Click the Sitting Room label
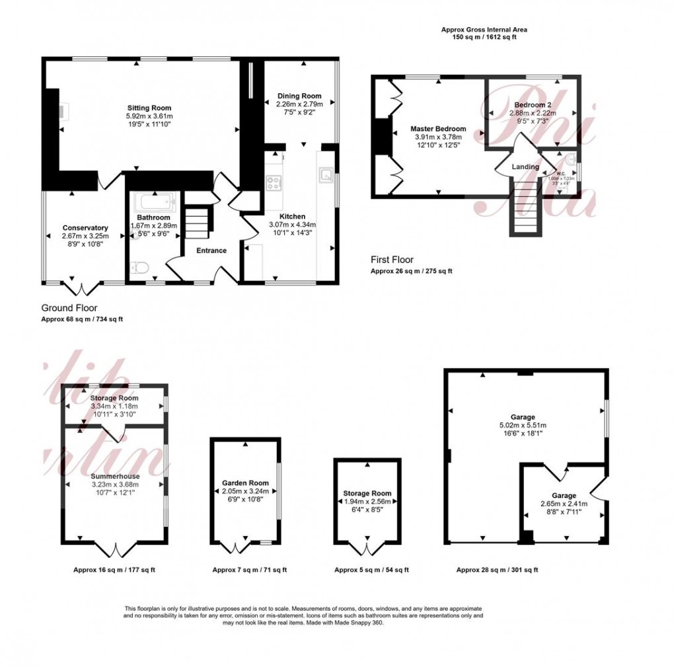pyautogui.click(x=149, y=108)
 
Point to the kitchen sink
pyautogui.click(x=326, y=176)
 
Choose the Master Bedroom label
pyautogui.click(x=437, y=129)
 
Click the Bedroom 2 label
pyautogui.click(x=532, y=105)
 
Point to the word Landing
pyautogui.click(x=525, y=167)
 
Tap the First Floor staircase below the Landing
pyautogui.click(x=526, y=216)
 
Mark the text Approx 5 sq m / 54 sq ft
pyautogui.click(x=371, y=570)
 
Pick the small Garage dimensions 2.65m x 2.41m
pyautogui.click(x=563, y=504)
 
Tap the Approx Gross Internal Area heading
pyautogui.click(x=484, y=30)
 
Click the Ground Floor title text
pyautogui.click(x=69, y=308)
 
